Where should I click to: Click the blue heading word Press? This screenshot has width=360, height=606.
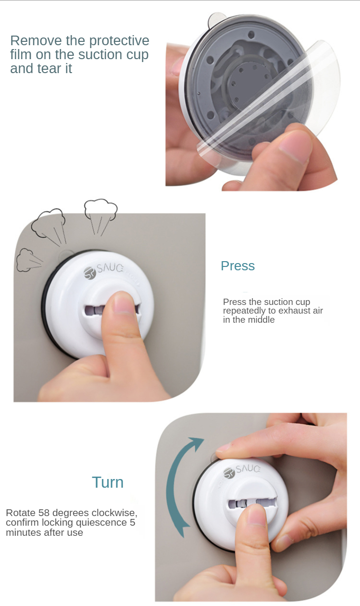point(237,266)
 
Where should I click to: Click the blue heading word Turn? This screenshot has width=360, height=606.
point(108,482)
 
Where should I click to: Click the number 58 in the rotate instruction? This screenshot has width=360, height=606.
point(44,513)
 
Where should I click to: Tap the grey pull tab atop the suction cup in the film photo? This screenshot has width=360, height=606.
point(216,20)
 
